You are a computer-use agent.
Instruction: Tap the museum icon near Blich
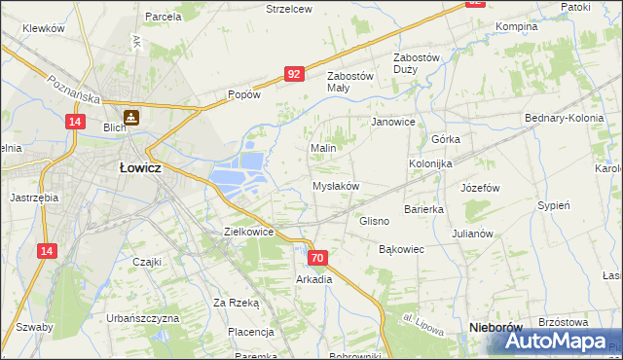[x=129, y=118]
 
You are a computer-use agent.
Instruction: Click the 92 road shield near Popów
[x=295, y=73]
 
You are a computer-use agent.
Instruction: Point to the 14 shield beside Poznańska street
[x=75, y=121]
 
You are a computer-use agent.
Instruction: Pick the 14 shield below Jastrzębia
[x=46, y=251]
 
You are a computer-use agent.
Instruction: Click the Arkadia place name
[x=314, y=279]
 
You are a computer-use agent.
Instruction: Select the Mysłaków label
[x=336, y=186]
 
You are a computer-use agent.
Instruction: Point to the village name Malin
[x=323, y=148]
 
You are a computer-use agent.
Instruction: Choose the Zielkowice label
[x=248, y=233]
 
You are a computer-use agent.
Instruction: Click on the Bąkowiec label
[x=401, y=250]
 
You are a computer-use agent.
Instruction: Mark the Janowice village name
[x=393, y=123]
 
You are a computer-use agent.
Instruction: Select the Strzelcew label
[x=289, y=9]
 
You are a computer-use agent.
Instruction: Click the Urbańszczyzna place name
[x=143, y=318]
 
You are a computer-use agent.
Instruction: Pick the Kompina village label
[x=517, y=26]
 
